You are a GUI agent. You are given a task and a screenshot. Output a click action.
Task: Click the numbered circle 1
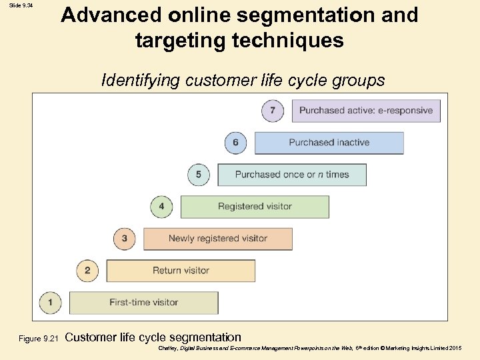click(50, 302)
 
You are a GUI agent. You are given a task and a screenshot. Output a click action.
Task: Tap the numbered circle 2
click(87, 271)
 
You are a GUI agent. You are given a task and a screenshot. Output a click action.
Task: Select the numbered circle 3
click(125, 238)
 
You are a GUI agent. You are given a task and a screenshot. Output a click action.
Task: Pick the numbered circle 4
click(161, 207)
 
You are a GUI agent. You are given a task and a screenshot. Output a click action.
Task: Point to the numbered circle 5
click(199, 175)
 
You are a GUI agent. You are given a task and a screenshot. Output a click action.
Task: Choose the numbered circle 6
click(235, 143)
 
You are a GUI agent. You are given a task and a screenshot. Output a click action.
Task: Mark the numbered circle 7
click(273, 110)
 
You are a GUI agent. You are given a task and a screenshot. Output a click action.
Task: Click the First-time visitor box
click(143, 303)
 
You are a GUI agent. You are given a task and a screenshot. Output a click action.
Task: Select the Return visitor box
click(181, 271)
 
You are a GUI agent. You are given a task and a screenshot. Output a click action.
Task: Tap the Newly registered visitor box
click(218, 239)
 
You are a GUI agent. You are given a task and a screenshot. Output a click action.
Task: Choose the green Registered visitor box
click(255, 207)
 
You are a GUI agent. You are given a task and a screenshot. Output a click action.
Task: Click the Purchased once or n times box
click(292, 175)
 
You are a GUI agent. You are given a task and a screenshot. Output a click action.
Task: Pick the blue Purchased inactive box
click(329, 143)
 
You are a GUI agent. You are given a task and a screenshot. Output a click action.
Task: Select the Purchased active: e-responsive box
click(366, 111)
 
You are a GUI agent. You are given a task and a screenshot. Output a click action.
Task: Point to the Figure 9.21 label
click(39, 339)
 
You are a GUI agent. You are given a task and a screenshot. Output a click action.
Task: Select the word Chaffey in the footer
click(170, 349)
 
